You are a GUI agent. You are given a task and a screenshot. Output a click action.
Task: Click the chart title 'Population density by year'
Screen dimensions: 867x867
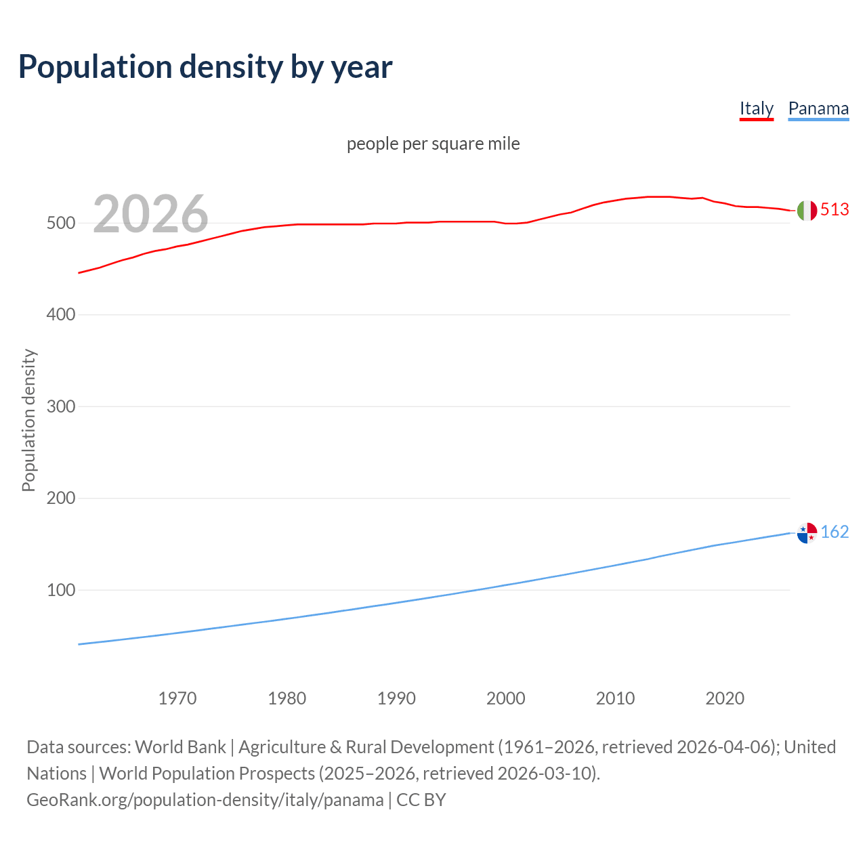(x=205, y=66)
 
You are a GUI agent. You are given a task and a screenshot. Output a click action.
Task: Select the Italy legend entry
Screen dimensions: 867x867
(x=756, y=108)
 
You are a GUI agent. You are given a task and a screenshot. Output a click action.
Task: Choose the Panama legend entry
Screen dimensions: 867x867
(x=818, y=108)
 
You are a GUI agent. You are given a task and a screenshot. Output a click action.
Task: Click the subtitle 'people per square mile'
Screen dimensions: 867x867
(x=433, y=144)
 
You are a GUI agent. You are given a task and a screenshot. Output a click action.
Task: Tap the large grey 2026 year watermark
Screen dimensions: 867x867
(x=150, y=214)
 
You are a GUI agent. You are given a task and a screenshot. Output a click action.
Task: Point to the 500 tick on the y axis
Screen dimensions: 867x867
(x=60, y=223)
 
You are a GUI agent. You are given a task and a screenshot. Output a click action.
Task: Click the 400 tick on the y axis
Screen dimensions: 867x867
(x=60, y=315)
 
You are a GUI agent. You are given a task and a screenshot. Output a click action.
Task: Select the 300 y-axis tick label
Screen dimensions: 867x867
(x=60, y=406)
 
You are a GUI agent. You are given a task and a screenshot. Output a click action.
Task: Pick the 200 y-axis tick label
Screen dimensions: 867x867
(x=60, y=499)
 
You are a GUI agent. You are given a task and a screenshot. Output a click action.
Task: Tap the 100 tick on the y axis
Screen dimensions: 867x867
(x=60, y=590)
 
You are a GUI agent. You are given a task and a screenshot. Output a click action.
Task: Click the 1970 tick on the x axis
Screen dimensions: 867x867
(x=177, y=698)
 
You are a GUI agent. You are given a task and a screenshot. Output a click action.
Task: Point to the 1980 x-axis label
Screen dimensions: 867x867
(x=287, y=698)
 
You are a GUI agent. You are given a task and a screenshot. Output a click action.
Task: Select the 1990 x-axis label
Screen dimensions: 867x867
(x=396, y=698)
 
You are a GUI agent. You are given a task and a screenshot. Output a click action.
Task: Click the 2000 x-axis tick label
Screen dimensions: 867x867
(x=506, y=698)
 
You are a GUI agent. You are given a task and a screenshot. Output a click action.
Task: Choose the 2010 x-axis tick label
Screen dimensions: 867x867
(x=615, y=698)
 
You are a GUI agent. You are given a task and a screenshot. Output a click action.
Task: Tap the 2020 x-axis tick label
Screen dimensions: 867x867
(x=725, y=698)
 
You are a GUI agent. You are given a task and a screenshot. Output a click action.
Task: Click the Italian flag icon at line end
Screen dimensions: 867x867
(x=807, y=211)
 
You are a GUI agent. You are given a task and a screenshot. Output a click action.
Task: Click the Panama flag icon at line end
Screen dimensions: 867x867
(x=807, y=533)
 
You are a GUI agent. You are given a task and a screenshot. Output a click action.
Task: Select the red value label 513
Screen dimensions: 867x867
(x=834, y=210)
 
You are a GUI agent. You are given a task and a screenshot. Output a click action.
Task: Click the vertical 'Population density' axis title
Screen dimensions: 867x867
(x=28, y=420)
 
